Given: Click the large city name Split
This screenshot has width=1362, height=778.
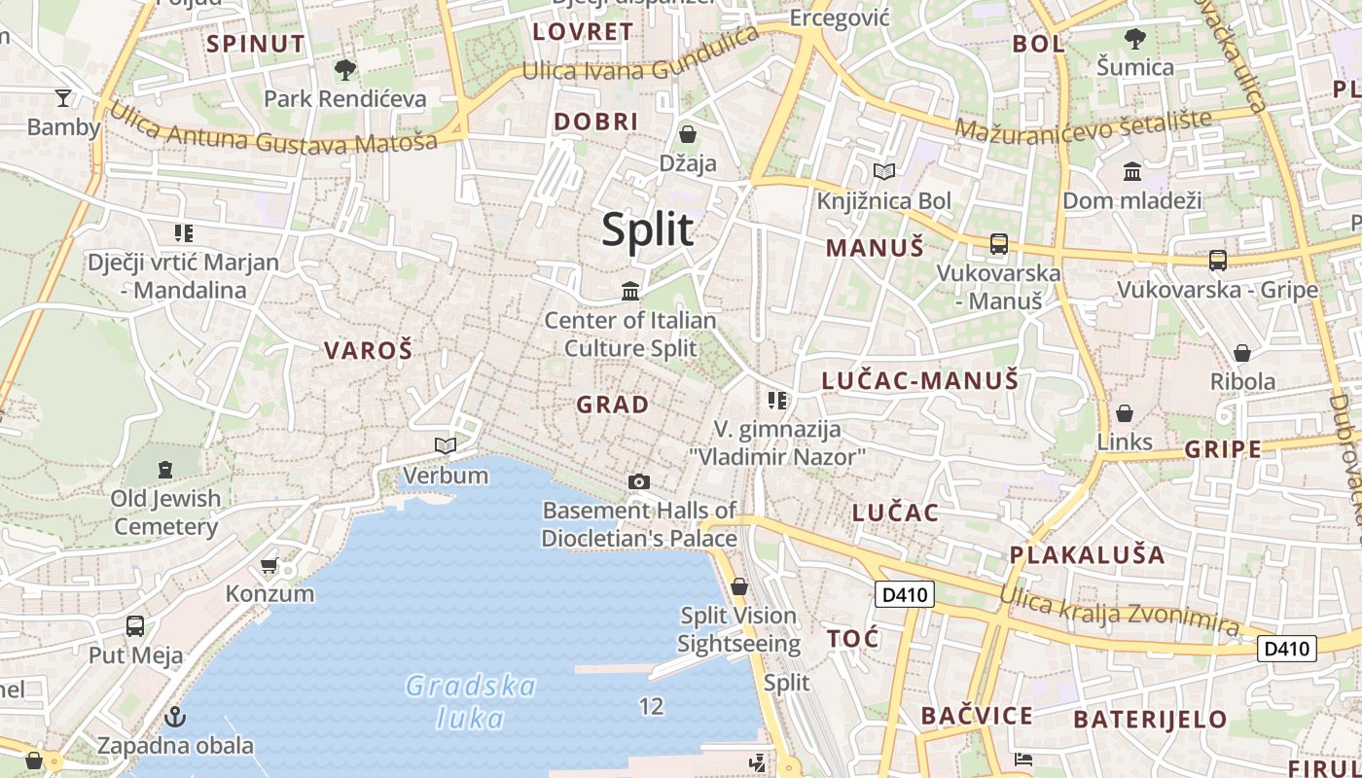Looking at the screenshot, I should (x=647, y=230).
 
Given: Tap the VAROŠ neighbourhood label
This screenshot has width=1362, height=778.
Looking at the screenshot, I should (x=368, y=351).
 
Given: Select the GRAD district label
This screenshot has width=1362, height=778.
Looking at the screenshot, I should (x=612, y=405).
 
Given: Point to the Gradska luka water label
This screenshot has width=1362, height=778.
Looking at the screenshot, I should (x=471, y=702).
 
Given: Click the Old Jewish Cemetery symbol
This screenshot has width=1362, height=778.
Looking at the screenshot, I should (x=165, y=470).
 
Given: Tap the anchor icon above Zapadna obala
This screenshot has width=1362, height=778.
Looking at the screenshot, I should (x=175, y=718).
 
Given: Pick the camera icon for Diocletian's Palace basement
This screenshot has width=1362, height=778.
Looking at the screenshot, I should (x=639, y=481).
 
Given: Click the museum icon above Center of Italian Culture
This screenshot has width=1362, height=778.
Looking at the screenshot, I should (x=630, y=291).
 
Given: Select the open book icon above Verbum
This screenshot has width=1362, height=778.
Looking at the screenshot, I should (x=446, y=445).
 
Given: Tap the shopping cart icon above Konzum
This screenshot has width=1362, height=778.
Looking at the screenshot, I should (x=269, y=565).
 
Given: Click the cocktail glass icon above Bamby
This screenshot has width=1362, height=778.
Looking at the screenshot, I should (x=63, y=97).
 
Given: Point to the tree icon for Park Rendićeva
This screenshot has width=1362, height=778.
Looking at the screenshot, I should (x=344, y=69).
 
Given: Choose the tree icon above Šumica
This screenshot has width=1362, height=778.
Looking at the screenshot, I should (x=1134, y=39).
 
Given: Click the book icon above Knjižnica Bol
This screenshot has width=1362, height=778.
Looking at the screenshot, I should (x=883, y=172).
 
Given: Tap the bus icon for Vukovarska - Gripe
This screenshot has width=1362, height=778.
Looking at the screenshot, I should (x=1217, y=260).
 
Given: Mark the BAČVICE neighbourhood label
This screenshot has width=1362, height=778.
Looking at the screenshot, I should (x=977, y=717).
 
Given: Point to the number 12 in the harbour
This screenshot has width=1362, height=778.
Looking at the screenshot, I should (x=651, y=707).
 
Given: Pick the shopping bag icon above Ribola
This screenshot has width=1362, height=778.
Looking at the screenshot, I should (x=1241, y=352).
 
